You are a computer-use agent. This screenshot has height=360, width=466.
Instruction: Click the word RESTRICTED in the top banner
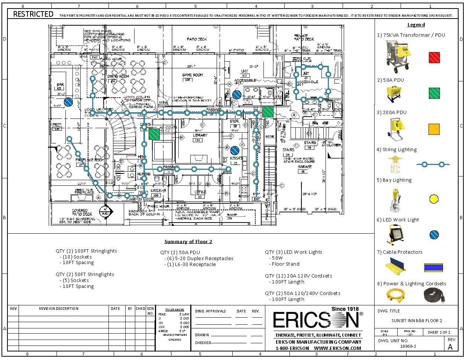33,14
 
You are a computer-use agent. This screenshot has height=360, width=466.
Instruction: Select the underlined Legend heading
416,25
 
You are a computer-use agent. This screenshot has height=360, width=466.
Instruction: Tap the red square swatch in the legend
434,57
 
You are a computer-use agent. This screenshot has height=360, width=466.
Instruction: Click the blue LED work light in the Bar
68,102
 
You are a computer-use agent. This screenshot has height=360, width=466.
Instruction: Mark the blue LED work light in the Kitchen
234,150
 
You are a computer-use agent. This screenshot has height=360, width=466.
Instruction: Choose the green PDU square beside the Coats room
154,134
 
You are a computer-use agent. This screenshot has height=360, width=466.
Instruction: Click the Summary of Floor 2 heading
188,241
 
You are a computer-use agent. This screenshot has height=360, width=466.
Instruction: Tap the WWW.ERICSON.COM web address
337,348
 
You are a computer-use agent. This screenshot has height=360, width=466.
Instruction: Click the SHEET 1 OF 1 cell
439,332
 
